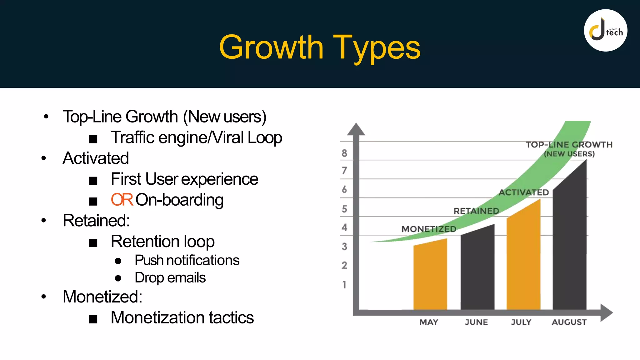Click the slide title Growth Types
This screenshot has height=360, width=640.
tap(320, 47)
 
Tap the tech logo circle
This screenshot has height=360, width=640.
tap(605, 30)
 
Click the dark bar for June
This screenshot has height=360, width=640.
tap(477, 269)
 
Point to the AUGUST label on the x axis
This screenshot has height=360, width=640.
tap(569, 322)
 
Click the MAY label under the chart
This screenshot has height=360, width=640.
tap(429, 322)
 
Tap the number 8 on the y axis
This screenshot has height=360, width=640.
tap(344, 153)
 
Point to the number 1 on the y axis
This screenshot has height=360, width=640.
tap(344, 285)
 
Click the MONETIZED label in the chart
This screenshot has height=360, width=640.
tap(429, 229)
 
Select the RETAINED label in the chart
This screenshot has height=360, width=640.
tap(476, 211)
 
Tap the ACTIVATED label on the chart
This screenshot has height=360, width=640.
tap(523, 192)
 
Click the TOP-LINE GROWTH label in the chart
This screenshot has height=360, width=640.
tap(569, 145)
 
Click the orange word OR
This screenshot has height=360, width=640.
tap(122, 200)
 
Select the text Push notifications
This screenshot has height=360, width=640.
tap(187, 260)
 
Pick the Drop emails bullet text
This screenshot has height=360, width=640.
tap(170, 278)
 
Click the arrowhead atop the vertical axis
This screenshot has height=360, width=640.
tap(356, 129)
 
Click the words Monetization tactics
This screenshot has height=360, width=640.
tap(182, 317)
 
